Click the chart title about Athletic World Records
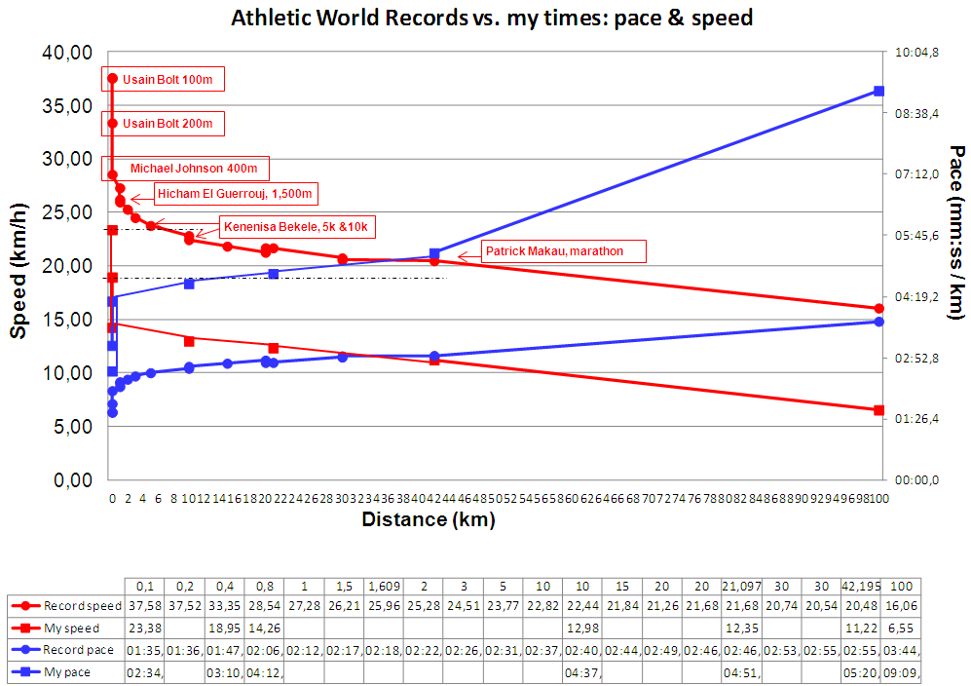tap(491, 19)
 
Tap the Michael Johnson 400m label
tap(193, 169)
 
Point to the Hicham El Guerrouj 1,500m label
tap(234, 195)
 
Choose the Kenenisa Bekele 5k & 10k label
tap(298, 227)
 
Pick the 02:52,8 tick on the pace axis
tap(916, 358)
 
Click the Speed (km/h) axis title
tap(19, 264)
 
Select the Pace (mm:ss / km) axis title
tap(956, 232)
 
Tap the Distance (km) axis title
tap(429, 519)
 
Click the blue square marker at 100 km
tap(878, 91)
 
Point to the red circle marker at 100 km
tap(878, 309)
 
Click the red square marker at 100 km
tap(878, 410)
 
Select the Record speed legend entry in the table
tap(84, 607)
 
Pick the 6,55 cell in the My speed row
tap(901, 629)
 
